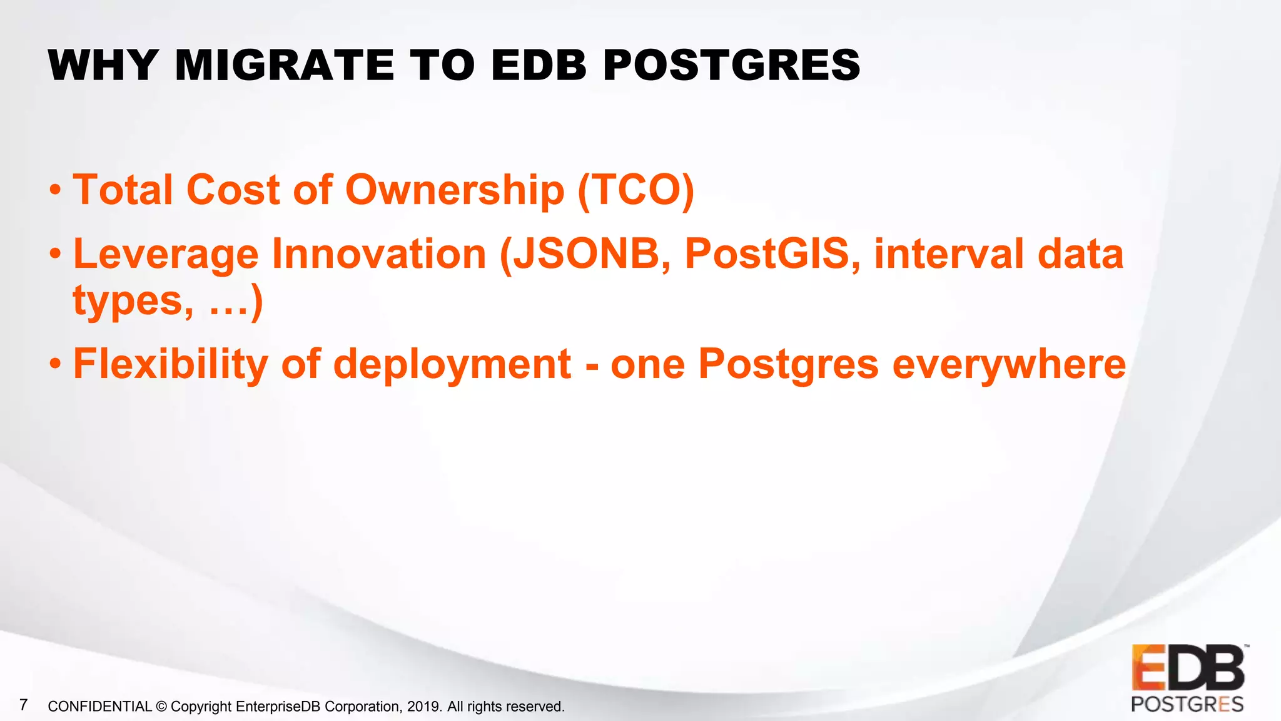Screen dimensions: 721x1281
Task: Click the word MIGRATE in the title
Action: click(x=285, y=65)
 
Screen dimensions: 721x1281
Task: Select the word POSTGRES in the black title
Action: click(x=731, y=65)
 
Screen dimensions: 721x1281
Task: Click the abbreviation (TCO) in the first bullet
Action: click(x=635, y=190)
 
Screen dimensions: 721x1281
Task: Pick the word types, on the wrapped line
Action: click(x=133, y=302)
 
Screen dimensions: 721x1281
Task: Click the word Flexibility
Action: click(x=171, y=364)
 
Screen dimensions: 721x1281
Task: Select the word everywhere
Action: click(x=1009, y=364)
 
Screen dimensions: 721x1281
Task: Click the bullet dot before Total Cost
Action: click(x=56, y=190)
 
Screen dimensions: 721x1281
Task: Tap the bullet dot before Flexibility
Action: click(x=56, y=364)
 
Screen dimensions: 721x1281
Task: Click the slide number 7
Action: click(x=24, y=705)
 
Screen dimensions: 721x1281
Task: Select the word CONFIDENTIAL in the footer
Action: click(x=99, y=707)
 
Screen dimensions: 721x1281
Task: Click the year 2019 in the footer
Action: click(x=423, y=707)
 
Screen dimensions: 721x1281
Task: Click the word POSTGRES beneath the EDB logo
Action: click(x=1187, y=704)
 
